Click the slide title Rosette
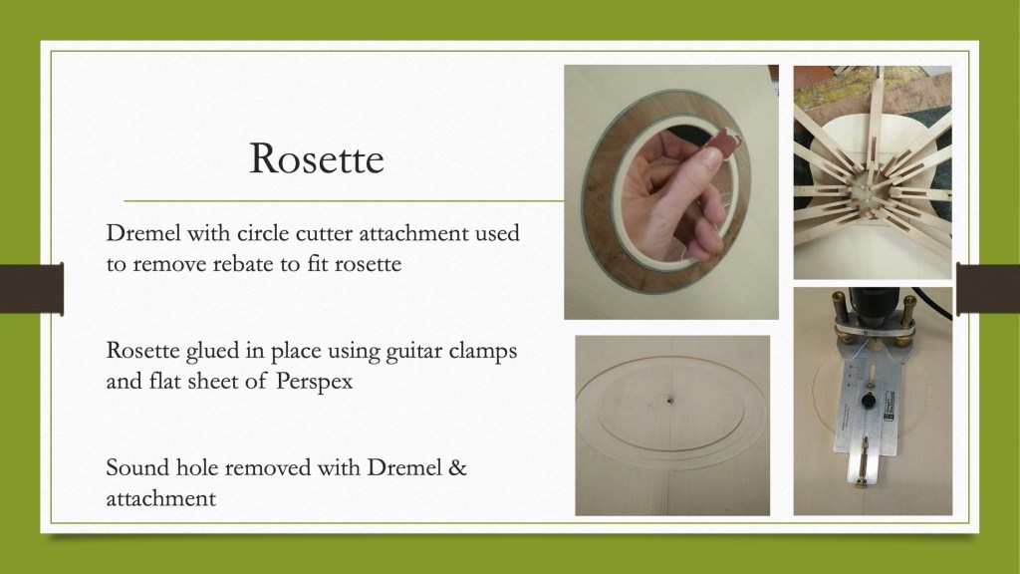tap(316, 158)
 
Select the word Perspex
tap(314, 382)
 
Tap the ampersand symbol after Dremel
tap(458, 467)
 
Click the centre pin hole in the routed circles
tap(669, 401)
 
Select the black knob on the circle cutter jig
tap(867, 401)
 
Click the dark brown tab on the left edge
tap(32, 289)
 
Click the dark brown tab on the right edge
tap(987, 289)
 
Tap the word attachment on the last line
tap(160, 499)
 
